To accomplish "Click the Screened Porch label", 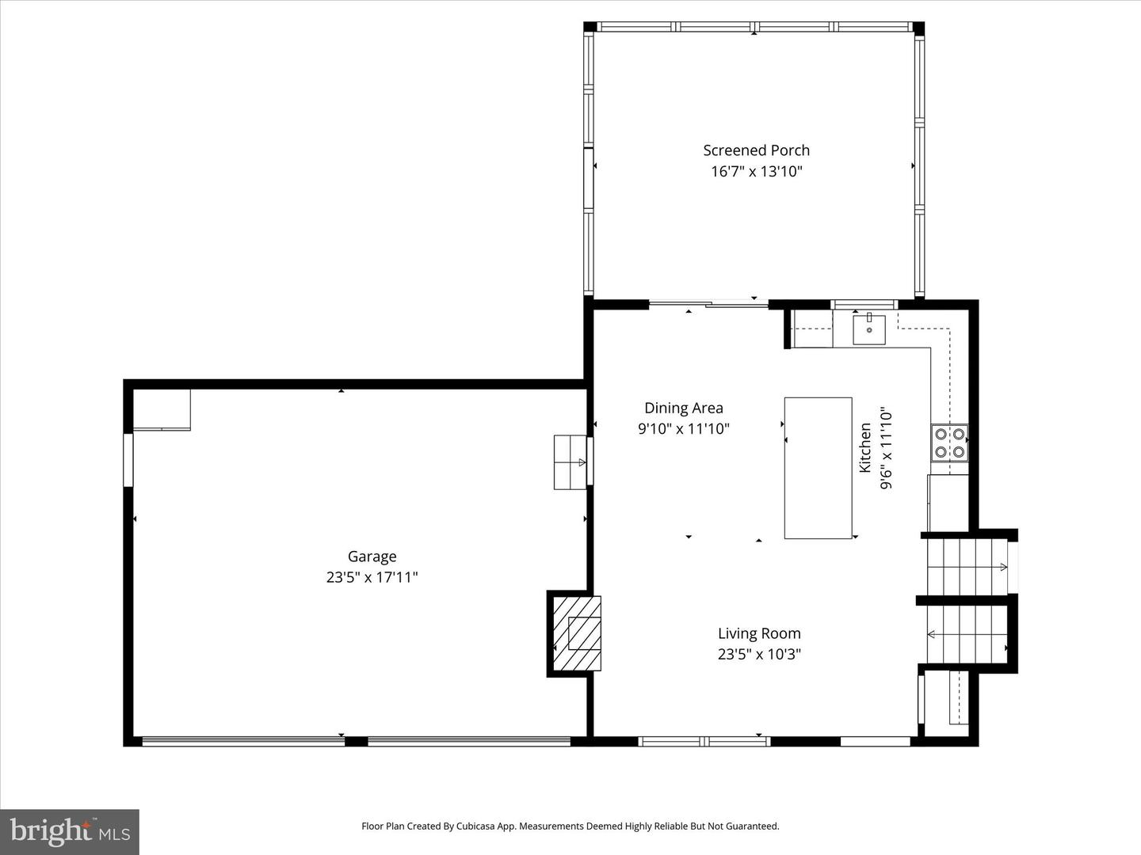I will (x=756, y=150).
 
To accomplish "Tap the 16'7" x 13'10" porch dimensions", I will (x=756, y=172).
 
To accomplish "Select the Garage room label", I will (x=372, y=557).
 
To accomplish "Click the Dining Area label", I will (x=683, y=408).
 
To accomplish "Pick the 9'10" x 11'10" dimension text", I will (x=683, y=429).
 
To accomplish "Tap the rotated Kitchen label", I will (x=865, y=448).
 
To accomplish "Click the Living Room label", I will (x=758, y=633).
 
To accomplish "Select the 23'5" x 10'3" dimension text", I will (x=758, y=654).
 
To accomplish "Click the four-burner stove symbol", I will (x=949, y=443).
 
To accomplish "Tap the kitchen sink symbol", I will (x=869, y=329).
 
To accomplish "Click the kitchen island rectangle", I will (x=818, y=468).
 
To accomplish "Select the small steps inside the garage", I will (x=569, y=462).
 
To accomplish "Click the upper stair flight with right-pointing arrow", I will (x=965, y=566).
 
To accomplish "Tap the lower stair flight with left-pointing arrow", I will (x=965, y=633).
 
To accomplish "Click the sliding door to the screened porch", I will (x=708, y=303).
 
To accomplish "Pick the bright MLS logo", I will (x=70, y=831).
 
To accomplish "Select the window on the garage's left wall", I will (x=128, y=459).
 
